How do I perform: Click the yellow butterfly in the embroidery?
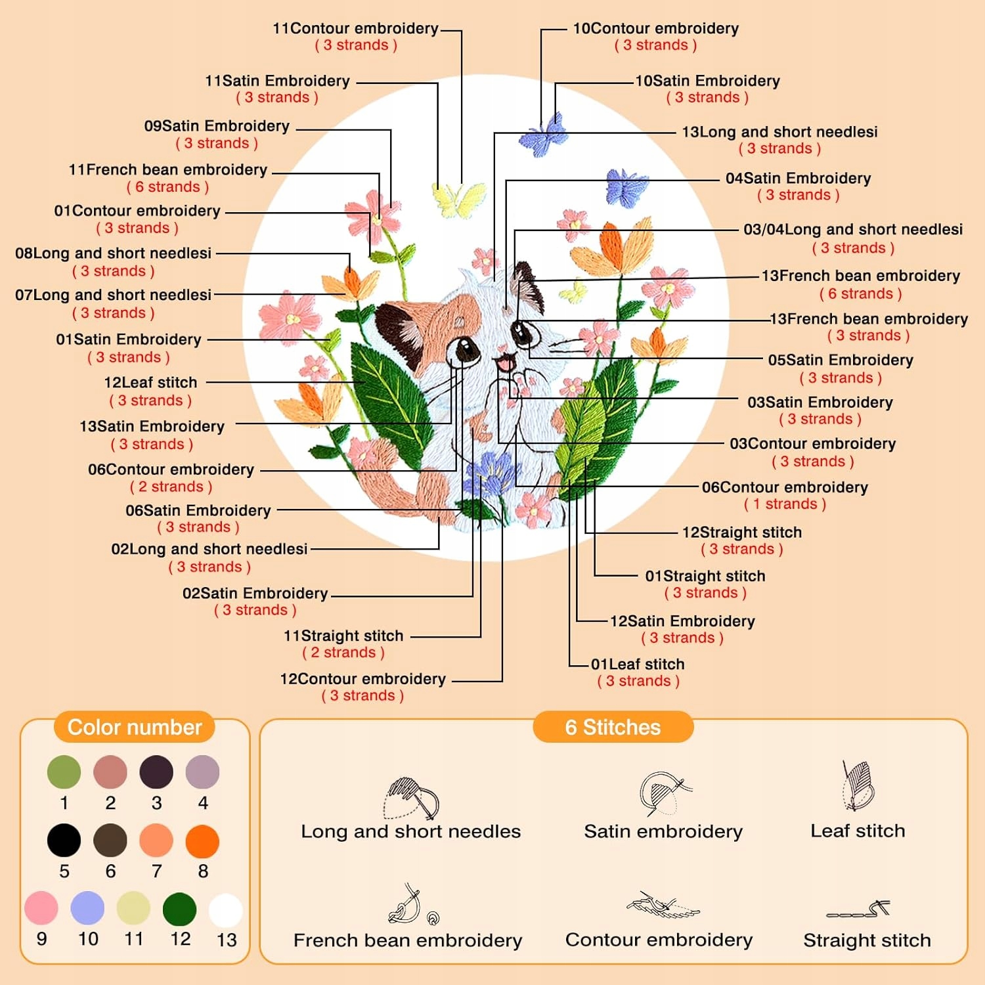pyautogui.click(x=459, y=199)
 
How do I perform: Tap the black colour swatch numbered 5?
pyautogui.click(x=64, y=841)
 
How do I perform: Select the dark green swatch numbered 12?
pyautogui.click(x=179, y=909)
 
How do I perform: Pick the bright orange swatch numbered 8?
pyautogui.click(x=202, y=841)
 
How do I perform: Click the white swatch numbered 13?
pyautogui.click(x=225, y=911)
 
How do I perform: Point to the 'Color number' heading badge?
pyautogui.click(x=135, y=728)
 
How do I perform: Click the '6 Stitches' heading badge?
pyautogui.click(x=613, y=728)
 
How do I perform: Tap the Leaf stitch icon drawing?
pyautogui.click(x=857, y=786)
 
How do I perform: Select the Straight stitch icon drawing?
pyautogui.click(x=858, y=909)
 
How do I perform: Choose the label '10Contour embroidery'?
pyautogui.click(x=655, y=29)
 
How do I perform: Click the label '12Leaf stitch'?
pyautogui.click(x=150, y=383)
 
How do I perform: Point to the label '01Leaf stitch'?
pyautogui.click(x=638, y=665)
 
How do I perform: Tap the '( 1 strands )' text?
pyautogui.click(x=785, y=504)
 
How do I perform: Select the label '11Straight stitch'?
pyautogui.click(x=343, y=636)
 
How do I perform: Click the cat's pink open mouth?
pyautogui.click(x=504, y=362)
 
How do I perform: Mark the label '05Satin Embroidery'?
pyautogui.click(x=841, y=361)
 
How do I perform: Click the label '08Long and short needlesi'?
pyautogui.click(x=113, y=253)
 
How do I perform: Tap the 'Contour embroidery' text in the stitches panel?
pyautogui.click(x=659, y=940)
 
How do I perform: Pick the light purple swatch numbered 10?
pyautogui.click(x=87, y=908)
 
